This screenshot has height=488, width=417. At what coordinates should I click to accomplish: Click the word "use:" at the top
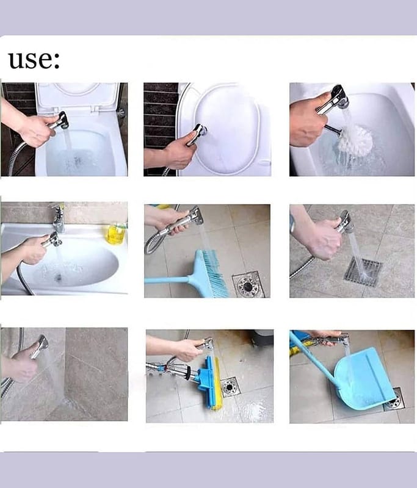34,60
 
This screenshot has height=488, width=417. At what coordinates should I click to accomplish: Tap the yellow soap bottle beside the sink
116,234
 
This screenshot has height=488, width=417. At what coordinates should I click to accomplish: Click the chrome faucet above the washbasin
58,218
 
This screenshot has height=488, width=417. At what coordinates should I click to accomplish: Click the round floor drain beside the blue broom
248,284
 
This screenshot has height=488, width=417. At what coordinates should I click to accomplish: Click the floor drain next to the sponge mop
230,387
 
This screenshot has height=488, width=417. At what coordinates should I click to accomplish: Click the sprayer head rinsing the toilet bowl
63,121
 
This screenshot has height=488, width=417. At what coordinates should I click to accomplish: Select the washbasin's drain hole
58,277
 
